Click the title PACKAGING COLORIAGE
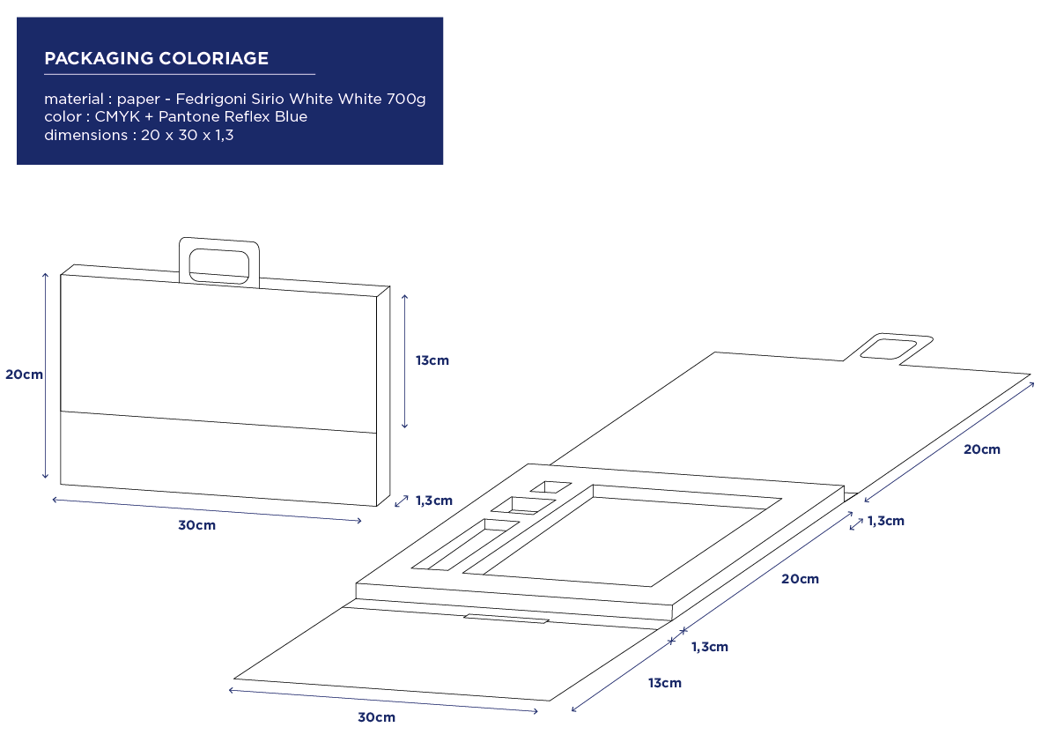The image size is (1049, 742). click(x=157, y=58)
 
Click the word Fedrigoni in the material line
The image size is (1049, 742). click(x=211, y=99)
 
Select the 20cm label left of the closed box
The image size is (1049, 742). click(x=24, y=374)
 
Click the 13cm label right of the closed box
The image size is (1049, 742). click(x=432, y=360)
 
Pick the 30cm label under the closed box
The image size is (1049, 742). click(x=196, y=525)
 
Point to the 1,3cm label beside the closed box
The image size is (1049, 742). click(x=434, y=501)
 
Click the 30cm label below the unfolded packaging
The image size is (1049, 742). click(x=376, y=717)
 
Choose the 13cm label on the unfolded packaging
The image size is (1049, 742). click(x=664, y=682)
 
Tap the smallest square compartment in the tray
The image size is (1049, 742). click(x=550, y=487)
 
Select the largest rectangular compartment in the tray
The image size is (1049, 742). click(x=622, y=535)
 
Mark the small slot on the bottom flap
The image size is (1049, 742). click(x=506, y=619)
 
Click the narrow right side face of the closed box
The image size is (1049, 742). click(x=383, y=396)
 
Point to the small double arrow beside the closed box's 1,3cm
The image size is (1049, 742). click(x=402, y=501)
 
